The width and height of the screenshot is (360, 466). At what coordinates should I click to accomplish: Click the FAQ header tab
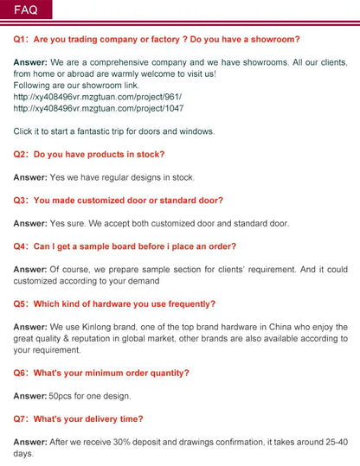(26, 10)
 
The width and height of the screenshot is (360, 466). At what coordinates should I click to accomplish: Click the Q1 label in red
(21, 39)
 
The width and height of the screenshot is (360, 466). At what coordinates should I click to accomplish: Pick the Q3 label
(21, 200)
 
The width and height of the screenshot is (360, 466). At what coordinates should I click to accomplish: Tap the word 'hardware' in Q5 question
(108, 303)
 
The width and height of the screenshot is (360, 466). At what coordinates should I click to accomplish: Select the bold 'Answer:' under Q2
(30, 177)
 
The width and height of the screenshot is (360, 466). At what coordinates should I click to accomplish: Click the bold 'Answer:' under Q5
(30, 327)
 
